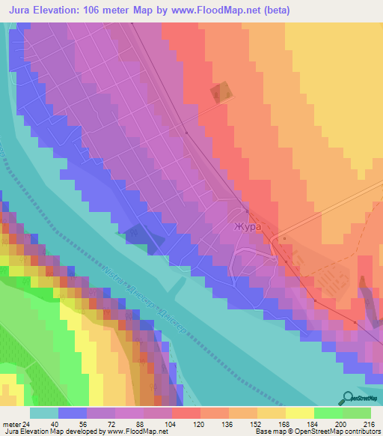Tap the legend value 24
(x=27, y=424)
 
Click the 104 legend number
(x=172, y=424)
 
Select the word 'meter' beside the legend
(x=10, y=424)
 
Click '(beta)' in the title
(x=277, y=10)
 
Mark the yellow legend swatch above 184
(x=299, y=413)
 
